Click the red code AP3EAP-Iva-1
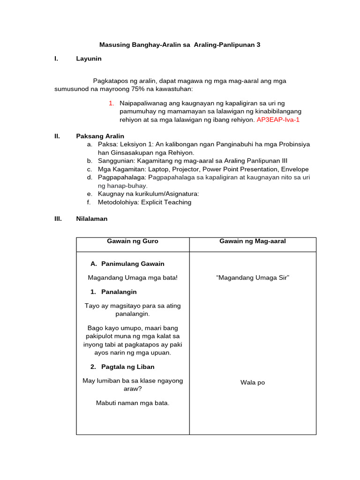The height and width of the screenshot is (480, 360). click(x=278, y=120)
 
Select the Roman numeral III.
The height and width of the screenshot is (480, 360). click(x=58, y=218)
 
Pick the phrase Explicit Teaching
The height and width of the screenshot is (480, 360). click(x=167, y=202)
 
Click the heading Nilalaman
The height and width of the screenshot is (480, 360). click(x=91, y=218)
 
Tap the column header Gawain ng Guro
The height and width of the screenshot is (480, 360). click(x=133, y=241)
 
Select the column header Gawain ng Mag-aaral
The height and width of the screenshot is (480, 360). click(x=253, y=241)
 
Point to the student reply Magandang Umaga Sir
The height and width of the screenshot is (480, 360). click(x=253, y=278)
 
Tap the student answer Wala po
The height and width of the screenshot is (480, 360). click(x=253, y=383)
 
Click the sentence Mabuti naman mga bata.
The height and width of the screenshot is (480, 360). click(x=133, y=403)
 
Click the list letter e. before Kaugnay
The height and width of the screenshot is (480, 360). click(x=89, y=194)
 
